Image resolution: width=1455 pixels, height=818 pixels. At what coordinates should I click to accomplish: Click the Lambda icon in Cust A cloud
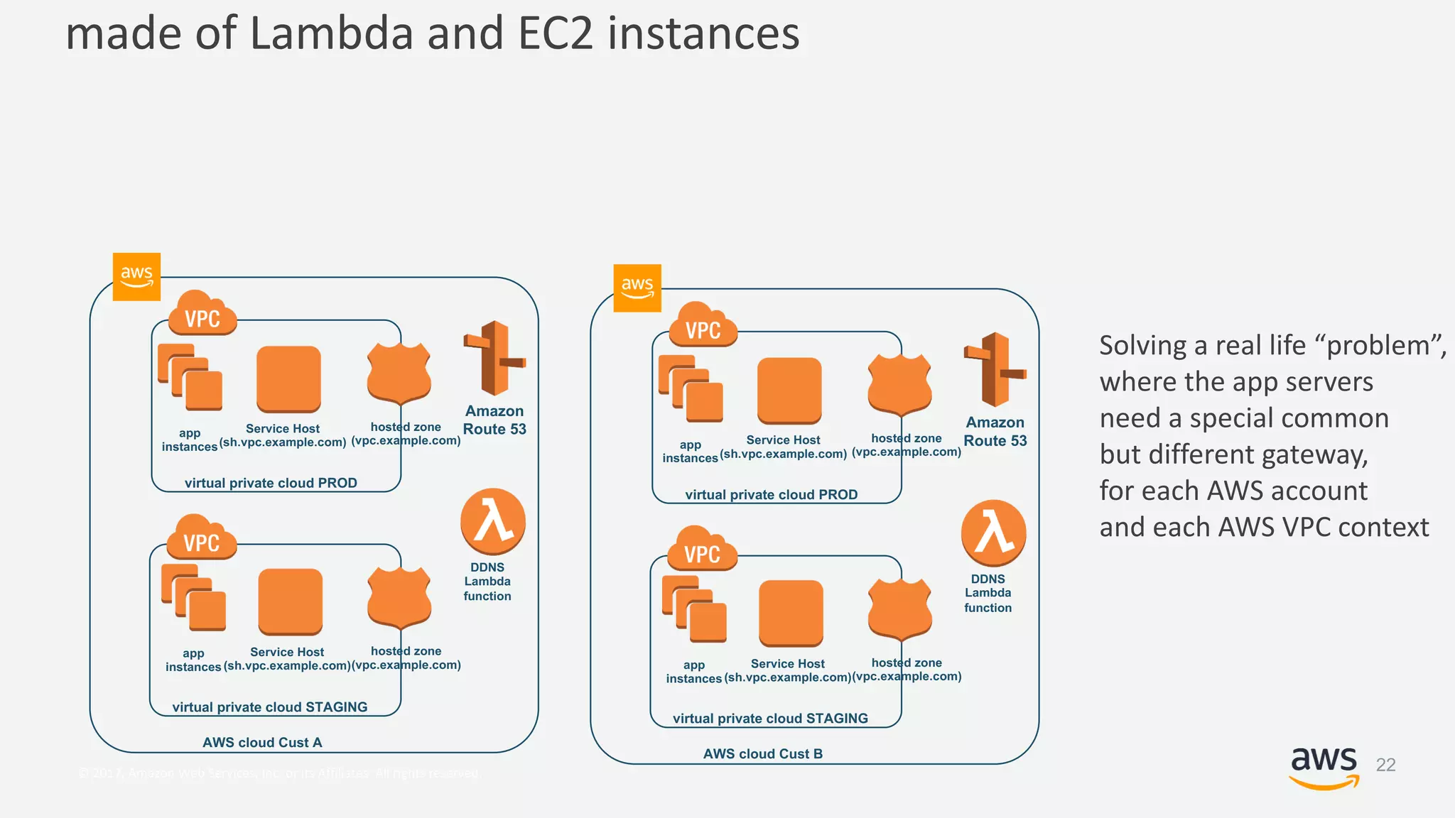point(493,522)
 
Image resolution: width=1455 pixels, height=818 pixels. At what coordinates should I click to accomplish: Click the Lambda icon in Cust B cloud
point(993,533)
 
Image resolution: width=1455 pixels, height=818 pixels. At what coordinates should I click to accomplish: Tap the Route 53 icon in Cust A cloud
point(494,358)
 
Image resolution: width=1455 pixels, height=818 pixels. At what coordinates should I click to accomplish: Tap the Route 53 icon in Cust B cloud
point(995,369)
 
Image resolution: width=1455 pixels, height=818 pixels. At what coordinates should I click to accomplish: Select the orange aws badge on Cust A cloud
point(136,277)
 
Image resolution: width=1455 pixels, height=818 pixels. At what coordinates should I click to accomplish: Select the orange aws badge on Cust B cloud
point(637,288)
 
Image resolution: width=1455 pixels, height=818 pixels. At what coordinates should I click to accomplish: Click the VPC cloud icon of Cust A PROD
point(202,313)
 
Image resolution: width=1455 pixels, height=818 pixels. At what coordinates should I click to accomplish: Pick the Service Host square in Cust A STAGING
point(290,601)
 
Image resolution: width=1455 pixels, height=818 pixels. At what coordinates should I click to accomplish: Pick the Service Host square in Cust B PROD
point(789,390)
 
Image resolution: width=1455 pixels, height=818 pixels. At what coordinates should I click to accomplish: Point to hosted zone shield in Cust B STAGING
point(899,608)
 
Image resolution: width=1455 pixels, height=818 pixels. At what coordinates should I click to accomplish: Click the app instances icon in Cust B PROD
point(691,388)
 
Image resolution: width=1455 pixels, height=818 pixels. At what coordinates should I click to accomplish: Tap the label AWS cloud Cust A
point(262,743)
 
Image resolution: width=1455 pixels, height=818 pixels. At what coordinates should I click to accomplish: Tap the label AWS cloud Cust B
point(762,754)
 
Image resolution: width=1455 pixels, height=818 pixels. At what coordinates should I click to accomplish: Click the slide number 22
point(1385,765)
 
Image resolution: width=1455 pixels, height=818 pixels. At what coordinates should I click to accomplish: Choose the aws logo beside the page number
point(1324,767)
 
